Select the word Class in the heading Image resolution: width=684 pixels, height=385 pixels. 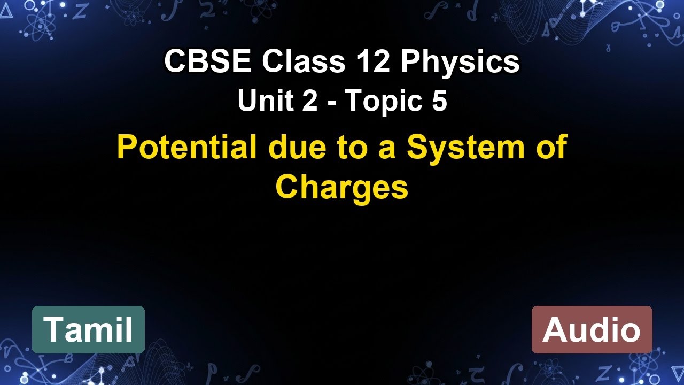click(x=303, y=62)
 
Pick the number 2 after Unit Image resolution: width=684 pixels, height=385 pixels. click(x=309, y=102)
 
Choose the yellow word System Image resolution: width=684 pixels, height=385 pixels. click(x=465, y=148)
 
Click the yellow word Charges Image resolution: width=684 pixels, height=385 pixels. click(x=341, y=187)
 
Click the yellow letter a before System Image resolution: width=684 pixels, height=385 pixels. click(x=386, y=149)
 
